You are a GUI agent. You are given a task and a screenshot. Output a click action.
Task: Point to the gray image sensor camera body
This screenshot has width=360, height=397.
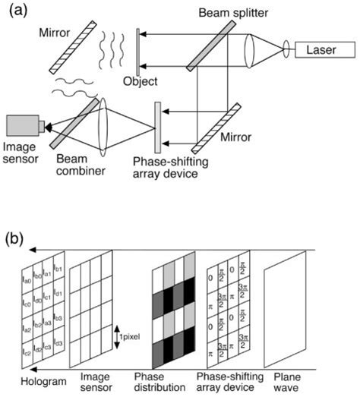[21, 126]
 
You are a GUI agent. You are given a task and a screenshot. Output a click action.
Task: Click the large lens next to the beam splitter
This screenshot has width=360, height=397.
[250, 52]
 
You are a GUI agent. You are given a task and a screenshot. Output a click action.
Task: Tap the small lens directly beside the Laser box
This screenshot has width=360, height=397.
[288, 52]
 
